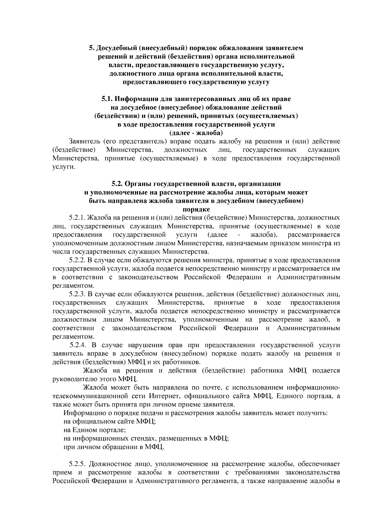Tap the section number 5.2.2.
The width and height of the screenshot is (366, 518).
pyautogui.click(x=77, y=260)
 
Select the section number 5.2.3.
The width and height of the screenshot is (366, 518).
pyautogui.click(x=77, y=294)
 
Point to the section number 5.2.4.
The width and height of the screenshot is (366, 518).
pyautogui.click(x=79, y=345)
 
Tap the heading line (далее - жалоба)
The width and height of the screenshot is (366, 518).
pyautogui.click(x=196, y=133)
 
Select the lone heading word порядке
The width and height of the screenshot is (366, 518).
pyautogui.click(x=196, y=210)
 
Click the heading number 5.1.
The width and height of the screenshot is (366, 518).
pyautogui.click(x=108, y=99)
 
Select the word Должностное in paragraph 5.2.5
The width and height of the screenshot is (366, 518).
pyautogui.click(x=109, y=464)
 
